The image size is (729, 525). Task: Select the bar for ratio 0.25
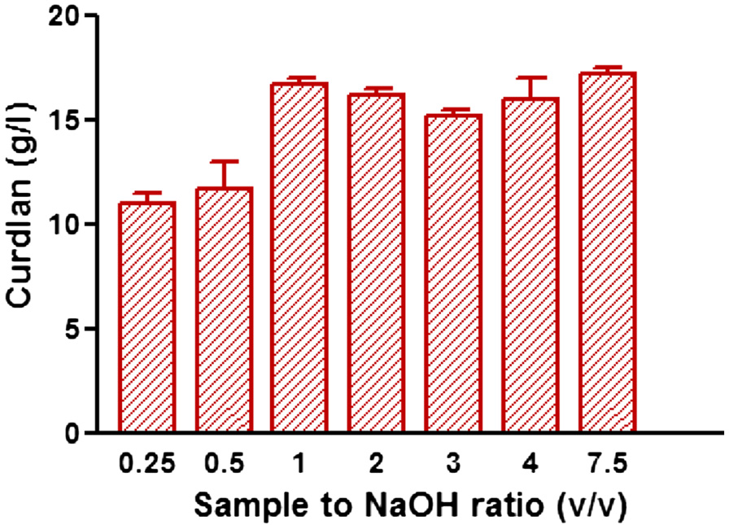tap(147, 317)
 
